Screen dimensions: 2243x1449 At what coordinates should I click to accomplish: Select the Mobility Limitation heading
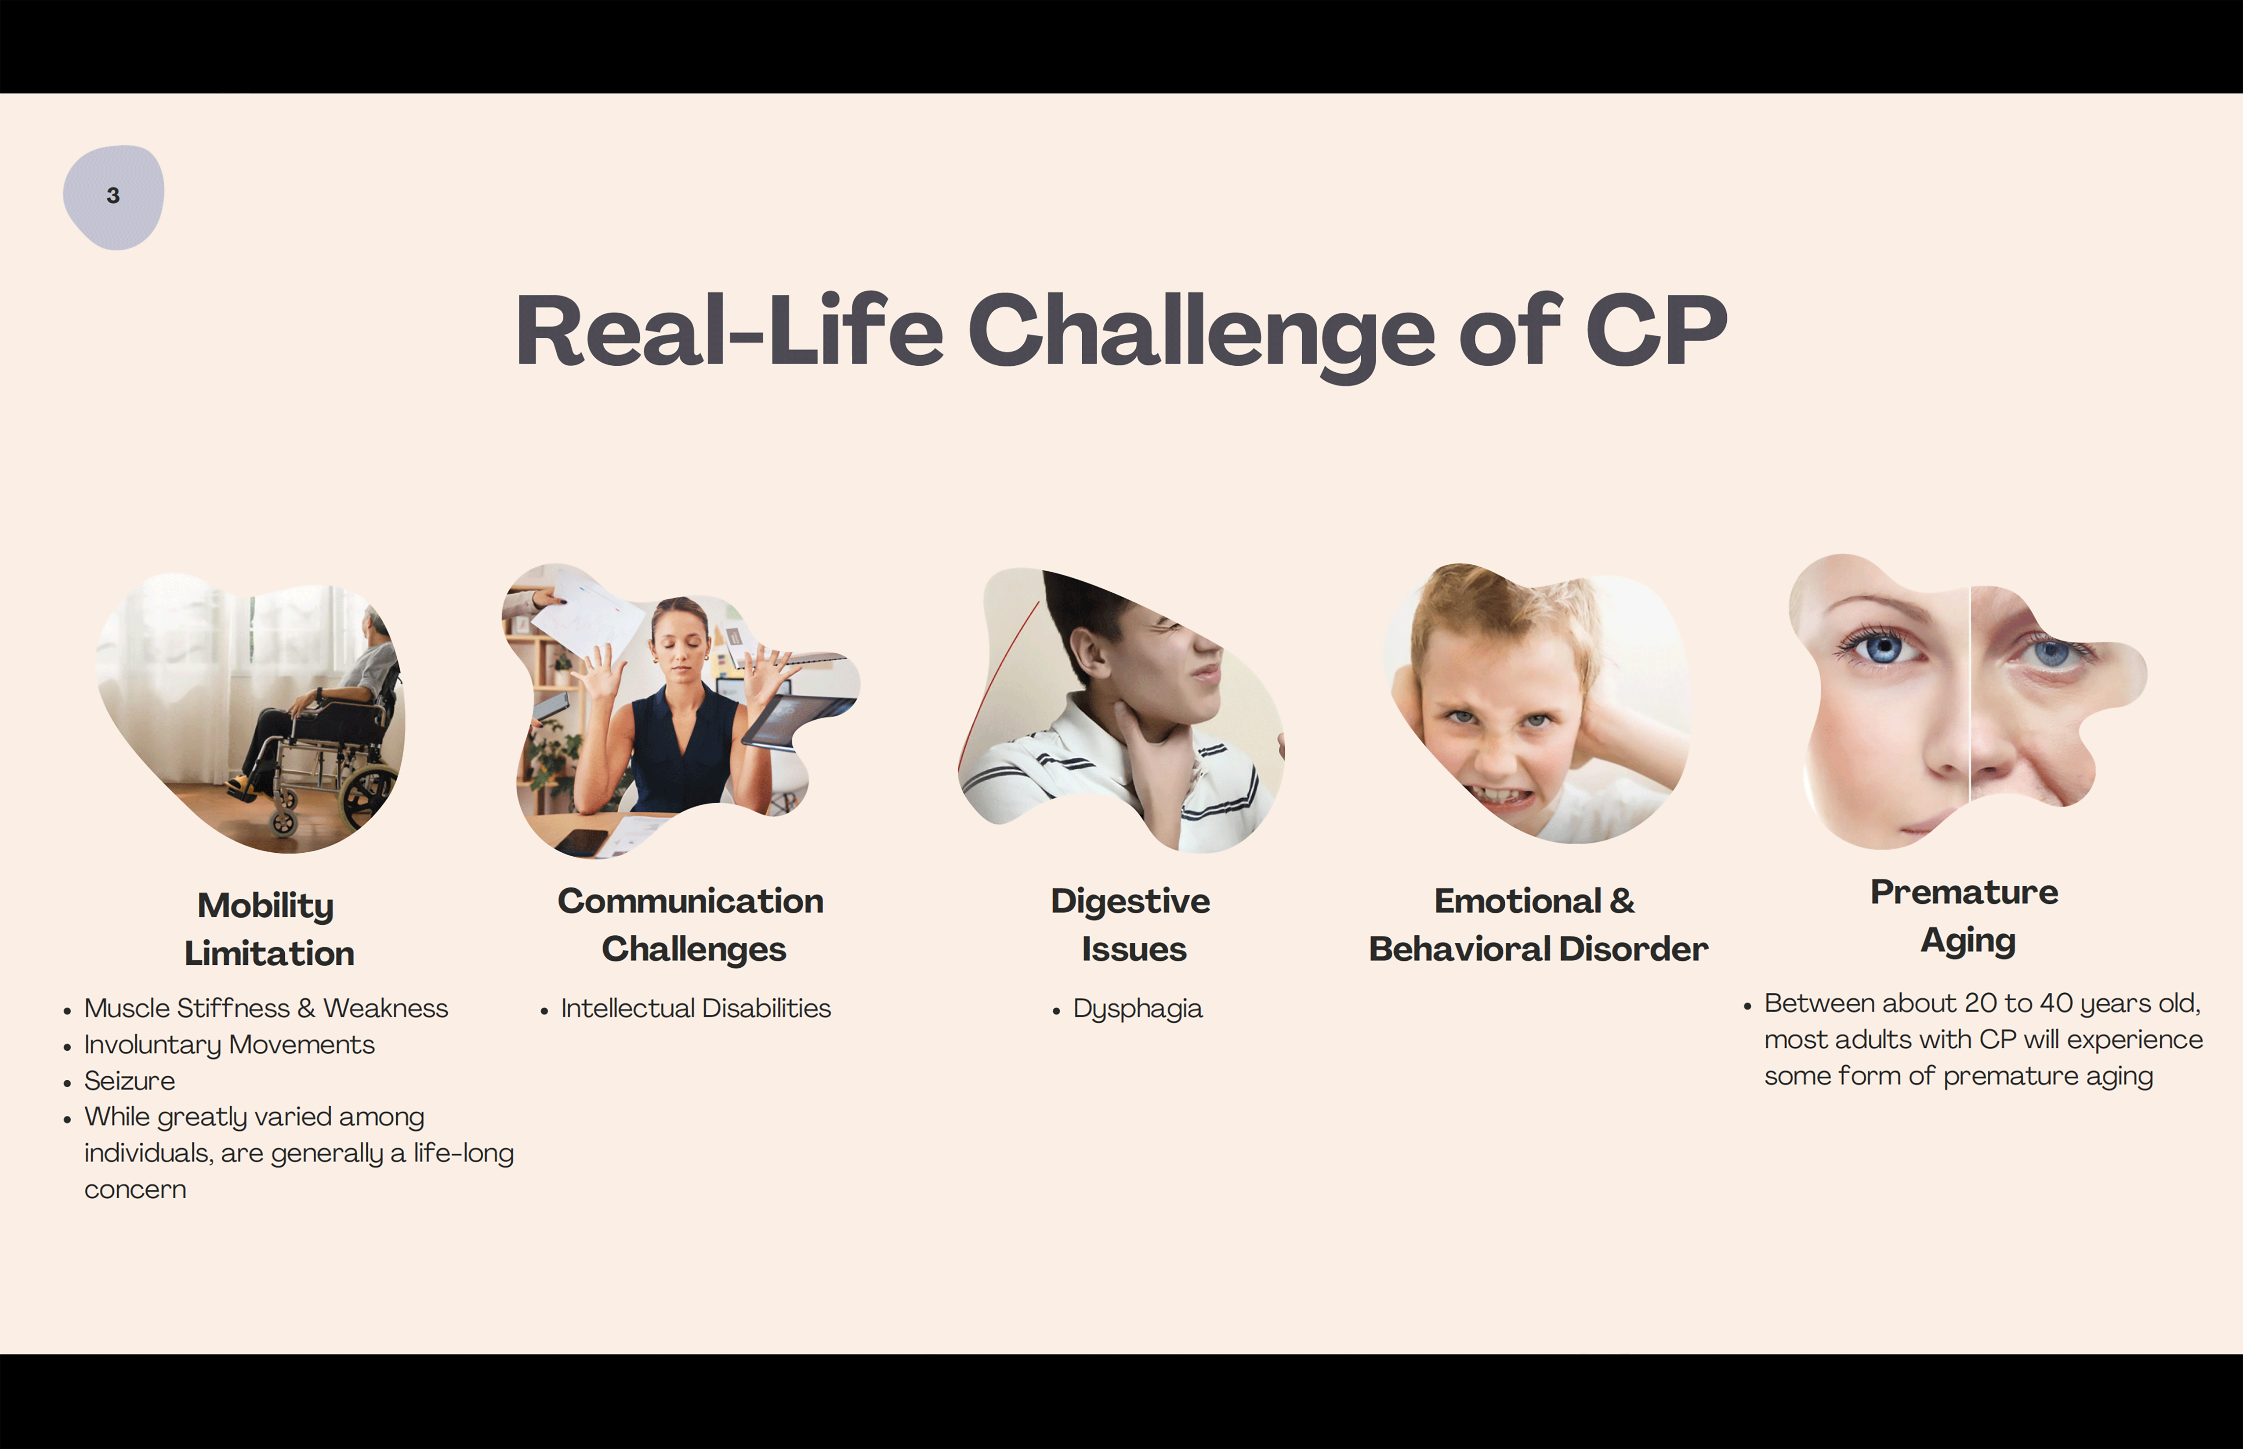click(x=268, y=929)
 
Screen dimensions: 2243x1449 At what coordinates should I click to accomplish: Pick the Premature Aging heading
click(x=1965, y=916)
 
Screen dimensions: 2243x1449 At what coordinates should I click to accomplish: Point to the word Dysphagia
click(x=1138, y=1009)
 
